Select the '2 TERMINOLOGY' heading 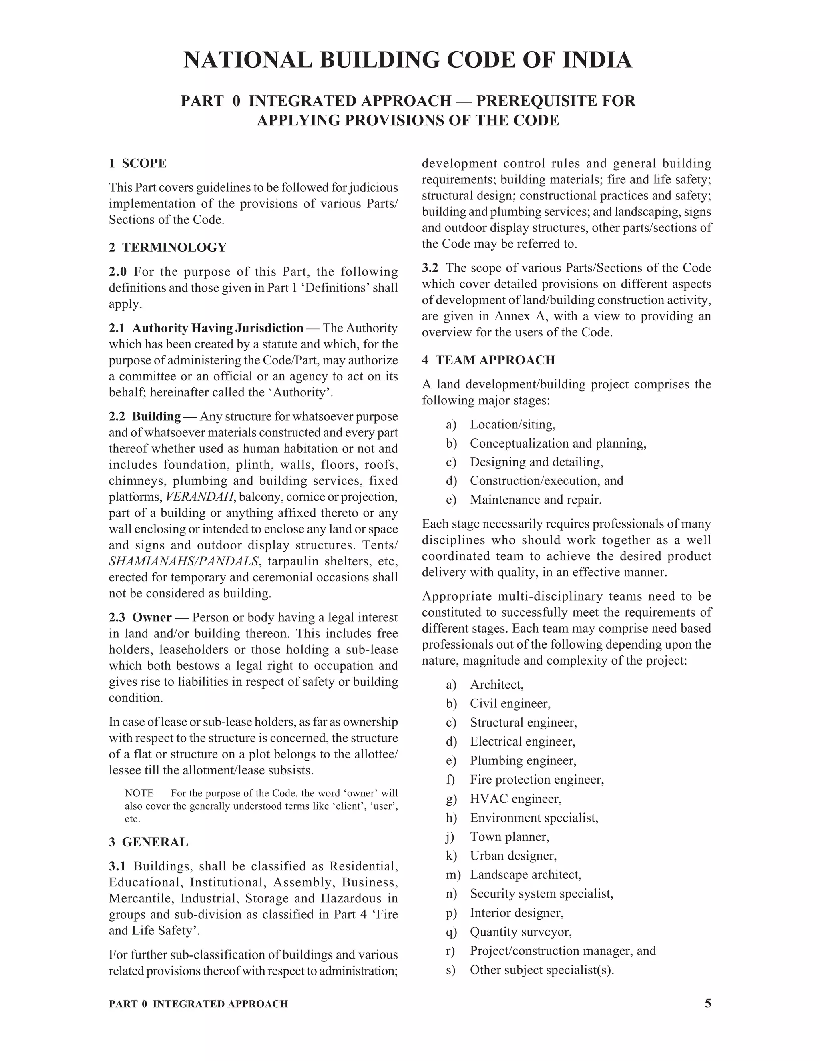[168, 247]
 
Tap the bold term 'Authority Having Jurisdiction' [218, 328]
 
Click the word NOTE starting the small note [139, 793]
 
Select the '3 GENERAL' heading [148, 842]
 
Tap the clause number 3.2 [430, 268]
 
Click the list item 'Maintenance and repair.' [535, 500]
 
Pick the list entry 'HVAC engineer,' [515, 799]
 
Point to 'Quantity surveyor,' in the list [521, 932]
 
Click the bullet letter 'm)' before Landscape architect [452, 875]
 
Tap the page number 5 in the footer [708, 1003]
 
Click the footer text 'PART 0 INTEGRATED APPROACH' [198, 1004]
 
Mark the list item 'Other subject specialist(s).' [542, 970]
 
